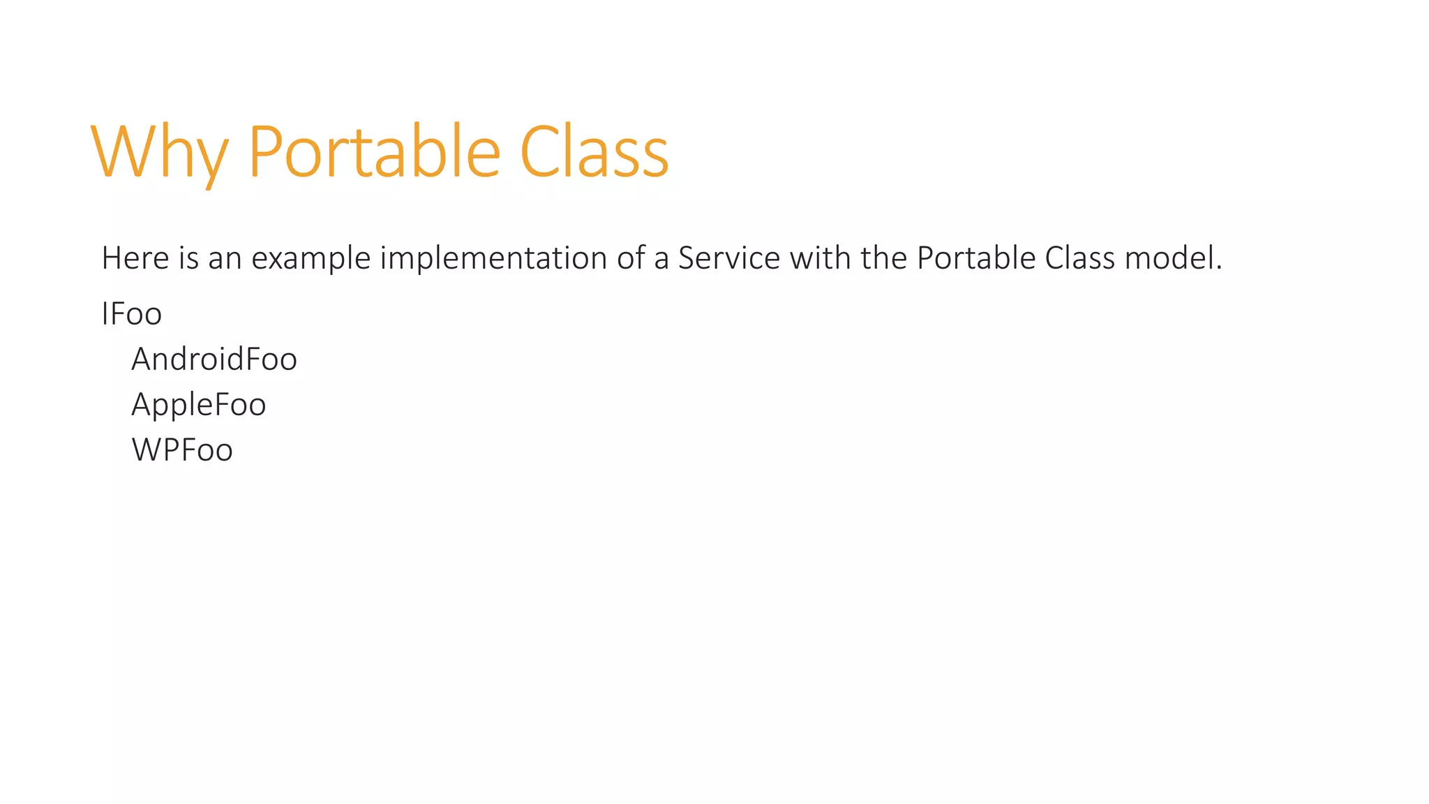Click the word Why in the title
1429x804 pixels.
[159, 152]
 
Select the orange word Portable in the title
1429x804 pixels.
[374, 152]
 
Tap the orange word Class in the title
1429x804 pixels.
[594, 152]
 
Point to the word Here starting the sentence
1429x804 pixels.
[135, 258]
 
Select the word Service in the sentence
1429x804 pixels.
[729, 258]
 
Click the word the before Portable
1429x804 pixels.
[884, 258]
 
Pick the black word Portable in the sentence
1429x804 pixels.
[976, 258]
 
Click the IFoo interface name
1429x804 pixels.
[132, 314]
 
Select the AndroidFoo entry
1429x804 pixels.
[214, 359]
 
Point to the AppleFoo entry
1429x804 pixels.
[199, 405]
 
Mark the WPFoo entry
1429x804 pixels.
[182, 450]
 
